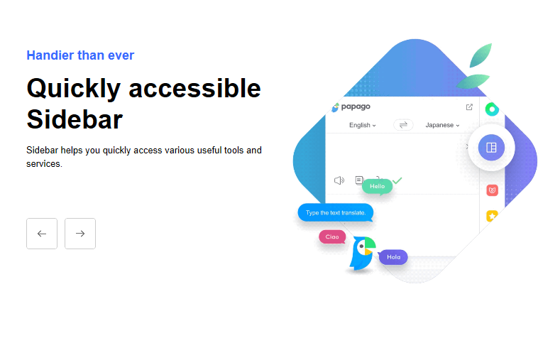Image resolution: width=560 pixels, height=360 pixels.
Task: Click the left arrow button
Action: pos(42,234)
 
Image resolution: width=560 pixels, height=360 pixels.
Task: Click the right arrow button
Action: pos(80,234)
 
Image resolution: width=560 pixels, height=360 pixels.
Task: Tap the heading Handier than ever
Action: pos(80,55)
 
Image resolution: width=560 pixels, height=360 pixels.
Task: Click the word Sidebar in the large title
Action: pos(75,119)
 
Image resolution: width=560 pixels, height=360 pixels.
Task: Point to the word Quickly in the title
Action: pos(74,89)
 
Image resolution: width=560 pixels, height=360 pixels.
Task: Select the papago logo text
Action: pos(356,107)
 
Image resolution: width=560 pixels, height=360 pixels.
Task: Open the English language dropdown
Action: pos(363,125)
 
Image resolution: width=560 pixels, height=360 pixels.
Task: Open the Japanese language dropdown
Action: pos(442,125)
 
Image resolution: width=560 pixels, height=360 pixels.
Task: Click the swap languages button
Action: pos(403,125)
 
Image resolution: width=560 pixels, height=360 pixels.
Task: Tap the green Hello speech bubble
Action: pos(377,186)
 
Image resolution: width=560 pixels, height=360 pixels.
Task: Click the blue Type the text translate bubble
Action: pos(336,212)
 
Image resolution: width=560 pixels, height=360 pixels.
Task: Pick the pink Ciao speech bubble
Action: pos(332,236)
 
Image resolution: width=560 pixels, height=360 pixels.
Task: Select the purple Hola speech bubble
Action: pos(393,257)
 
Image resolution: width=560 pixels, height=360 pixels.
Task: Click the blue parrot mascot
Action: pos(362,253)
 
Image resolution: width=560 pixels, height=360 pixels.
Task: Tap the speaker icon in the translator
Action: pos(339,180)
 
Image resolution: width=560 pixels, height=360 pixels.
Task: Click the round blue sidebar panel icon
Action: pos(491,148)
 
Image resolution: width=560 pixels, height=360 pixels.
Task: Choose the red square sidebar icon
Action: pos(492,190)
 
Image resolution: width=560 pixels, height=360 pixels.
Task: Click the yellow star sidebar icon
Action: pos(492,216)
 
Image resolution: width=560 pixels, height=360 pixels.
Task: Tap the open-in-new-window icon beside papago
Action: pos(469,107)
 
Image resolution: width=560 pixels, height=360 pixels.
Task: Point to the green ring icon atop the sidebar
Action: pos(492,104)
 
